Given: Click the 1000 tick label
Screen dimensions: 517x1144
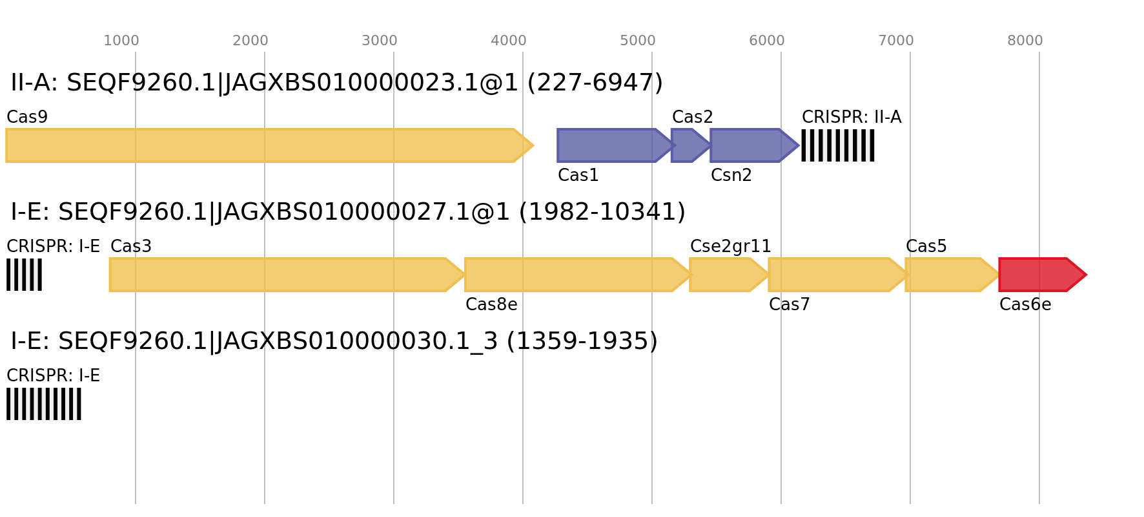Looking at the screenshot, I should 121,41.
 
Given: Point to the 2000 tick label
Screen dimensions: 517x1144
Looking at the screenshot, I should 250,41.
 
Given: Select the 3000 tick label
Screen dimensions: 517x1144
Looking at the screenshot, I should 380,41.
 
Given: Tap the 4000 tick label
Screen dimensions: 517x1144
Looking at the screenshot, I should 509,41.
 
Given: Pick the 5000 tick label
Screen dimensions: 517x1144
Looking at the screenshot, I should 638,41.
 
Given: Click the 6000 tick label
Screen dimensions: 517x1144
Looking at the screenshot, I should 767,41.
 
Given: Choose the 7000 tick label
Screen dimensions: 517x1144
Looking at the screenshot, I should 896,41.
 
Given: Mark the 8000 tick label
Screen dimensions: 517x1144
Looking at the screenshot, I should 1025,41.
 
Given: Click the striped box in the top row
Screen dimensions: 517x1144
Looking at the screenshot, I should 838,145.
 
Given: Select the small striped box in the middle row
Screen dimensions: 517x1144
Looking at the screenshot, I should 24,275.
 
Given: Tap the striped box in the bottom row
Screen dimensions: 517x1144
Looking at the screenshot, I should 44,404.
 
